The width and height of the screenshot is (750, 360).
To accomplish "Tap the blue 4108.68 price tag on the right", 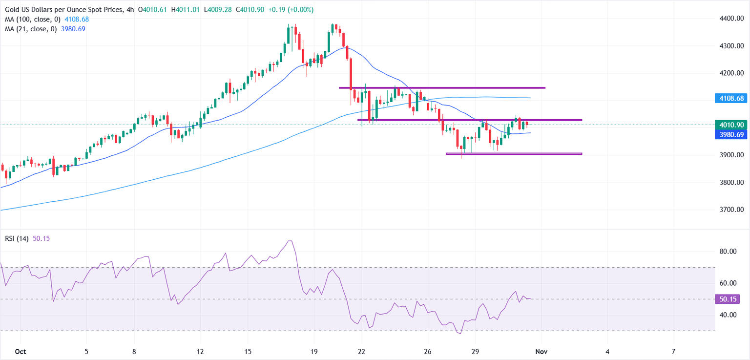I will pos(731,98).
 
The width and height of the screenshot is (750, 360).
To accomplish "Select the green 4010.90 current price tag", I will pos(731,125).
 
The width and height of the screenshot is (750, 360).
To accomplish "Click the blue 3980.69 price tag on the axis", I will pos(731,134).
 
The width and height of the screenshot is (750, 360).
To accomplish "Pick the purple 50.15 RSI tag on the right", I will pos(727,299).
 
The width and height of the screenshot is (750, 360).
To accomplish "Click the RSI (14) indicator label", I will pos(17,238).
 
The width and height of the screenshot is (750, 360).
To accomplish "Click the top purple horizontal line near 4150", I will pos(442,88).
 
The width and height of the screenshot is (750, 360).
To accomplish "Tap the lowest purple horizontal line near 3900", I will pos(514,154).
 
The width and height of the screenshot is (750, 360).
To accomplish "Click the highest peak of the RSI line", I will pos(290,241).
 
